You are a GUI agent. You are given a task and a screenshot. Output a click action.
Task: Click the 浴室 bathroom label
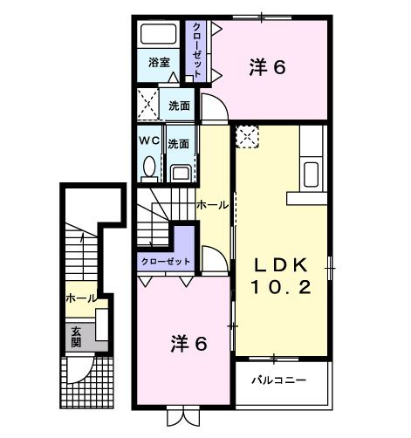point(158,64)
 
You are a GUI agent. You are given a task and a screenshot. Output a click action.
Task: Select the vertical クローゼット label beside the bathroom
point(199,51)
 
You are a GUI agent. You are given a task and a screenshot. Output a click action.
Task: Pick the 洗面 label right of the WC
point(180,142)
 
